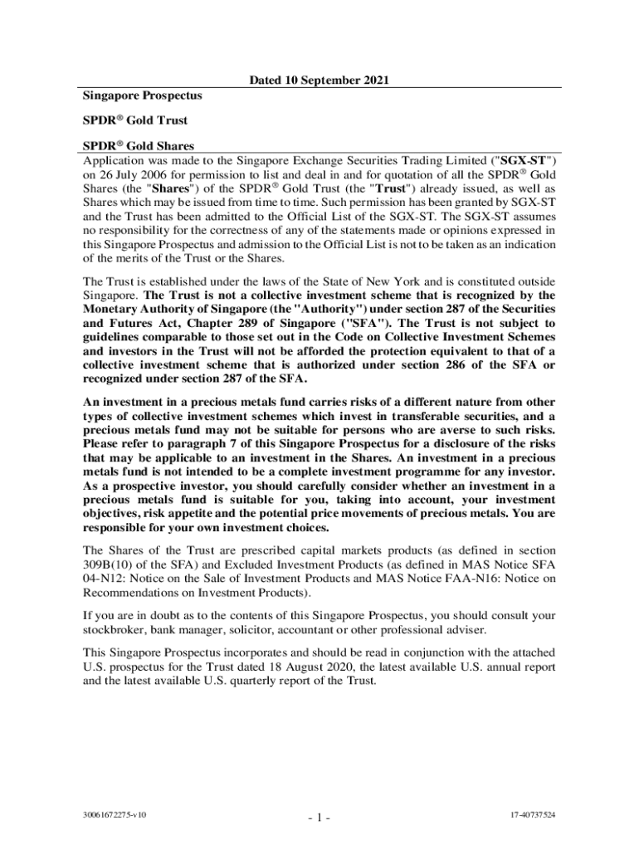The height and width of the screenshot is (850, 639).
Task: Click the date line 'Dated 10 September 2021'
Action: pyautogui.click(x=319, y=81)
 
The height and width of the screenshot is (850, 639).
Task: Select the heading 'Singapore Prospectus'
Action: pyautogui.click(x=142, y=95)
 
